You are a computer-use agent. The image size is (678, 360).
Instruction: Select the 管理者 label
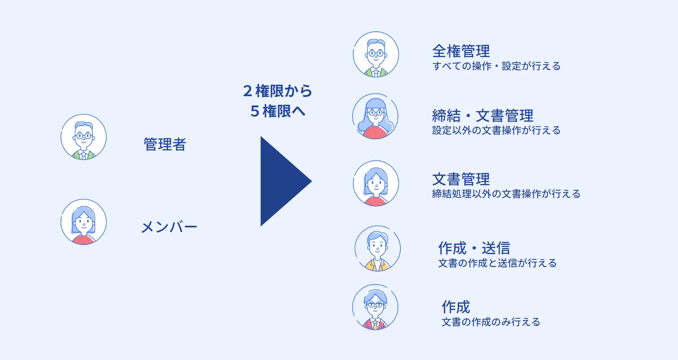[x=165, y=145]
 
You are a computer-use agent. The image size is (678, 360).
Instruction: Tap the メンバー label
[x=169, y=227]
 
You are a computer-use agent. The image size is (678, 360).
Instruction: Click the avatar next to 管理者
[x=84, y=137]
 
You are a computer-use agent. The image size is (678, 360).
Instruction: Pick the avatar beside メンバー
[x=84, y=222]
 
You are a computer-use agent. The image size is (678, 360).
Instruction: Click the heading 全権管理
[x=461, y=51]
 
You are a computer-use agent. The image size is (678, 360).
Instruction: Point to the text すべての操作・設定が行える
[x=496, y=66]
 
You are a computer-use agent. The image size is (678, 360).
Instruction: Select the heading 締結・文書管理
[x=482, y=116]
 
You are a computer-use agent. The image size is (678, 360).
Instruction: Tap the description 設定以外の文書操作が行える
[x=496, y=130]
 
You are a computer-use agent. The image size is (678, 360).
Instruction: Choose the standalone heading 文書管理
[x=461, y=179]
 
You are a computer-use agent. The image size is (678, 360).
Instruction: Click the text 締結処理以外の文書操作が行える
[x=506, y=194]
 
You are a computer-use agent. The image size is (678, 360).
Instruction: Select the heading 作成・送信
[x=474, y=248]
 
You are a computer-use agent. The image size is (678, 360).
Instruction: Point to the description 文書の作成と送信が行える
[x=497, y=263]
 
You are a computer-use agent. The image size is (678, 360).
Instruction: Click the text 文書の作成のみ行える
[x=491, y=322]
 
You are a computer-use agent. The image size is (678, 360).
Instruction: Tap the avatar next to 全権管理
[x=376, y=55]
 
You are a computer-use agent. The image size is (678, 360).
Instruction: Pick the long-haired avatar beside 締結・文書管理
[x=375, y=117]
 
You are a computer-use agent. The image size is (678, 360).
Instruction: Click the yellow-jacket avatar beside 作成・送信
[x=377, y=249]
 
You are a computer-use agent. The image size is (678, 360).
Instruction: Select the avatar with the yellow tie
[x=375, y=308]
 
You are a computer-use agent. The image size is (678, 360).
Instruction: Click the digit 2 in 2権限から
[x=248, y=91]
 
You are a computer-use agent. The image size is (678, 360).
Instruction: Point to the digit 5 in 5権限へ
[x=255, y=111]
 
